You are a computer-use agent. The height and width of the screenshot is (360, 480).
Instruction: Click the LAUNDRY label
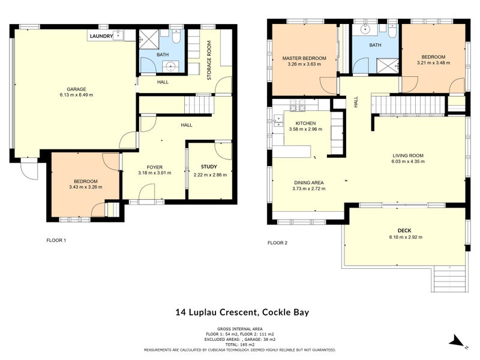coord(101,37)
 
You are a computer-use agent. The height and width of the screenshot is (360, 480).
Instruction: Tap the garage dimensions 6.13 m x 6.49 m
coord(76,95)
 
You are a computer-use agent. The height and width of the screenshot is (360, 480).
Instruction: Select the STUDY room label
coord(209,167)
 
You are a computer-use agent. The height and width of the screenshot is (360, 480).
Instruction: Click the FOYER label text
coord(155,167)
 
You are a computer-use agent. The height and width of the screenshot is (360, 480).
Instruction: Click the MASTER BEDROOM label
coord(304,58)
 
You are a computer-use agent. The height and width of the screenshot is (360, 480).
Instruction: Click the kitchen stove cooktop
coord(298,106)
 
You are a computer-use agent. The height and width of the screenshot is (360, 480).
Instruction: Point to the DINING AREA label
coord(309,182)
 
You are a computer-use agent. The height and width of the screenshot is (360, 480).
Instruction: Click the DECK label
coord(404,230)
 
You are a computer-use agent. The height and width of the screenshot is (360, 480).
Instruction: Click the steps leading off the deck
coord(449,279)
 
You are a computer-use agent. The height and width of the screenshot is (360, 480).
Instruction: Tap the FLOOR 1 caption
coord(56,241)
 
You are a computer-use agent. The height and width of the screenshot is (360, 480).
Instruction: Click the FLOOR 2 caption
coord(277,243)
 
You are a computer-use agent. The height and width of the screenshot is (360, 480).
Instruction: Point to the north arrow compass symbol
coord(457,341)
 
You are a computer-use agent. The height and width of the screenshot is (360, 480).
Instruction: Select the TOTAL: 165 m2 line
coord(239,344)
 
